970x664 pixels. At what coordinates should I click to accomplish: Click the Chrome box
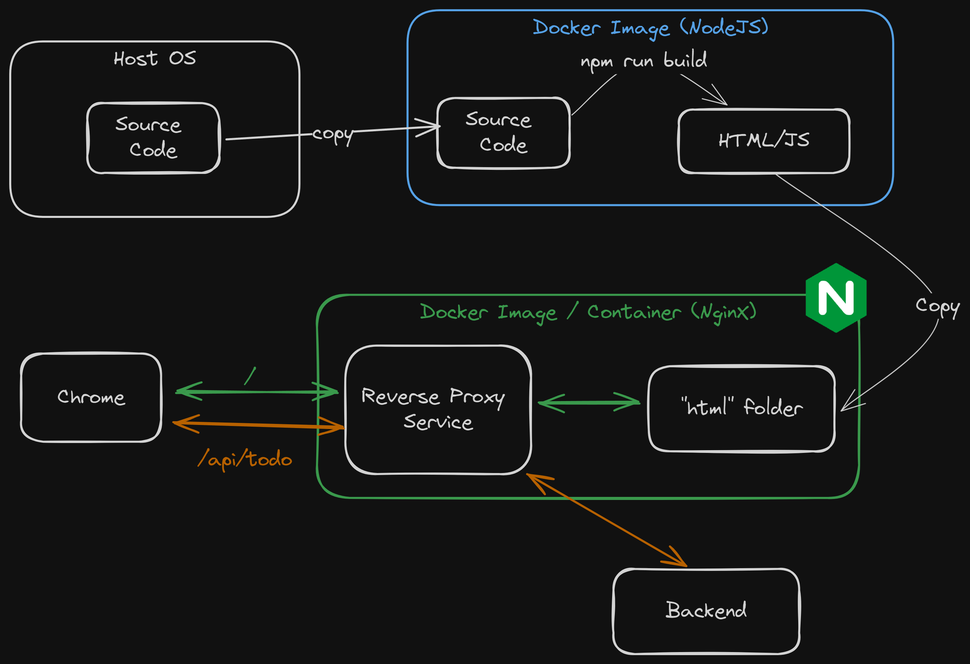pyautogui.click(x=91, y=397)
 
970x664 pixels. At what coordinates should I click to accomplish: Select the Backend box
pyautogui.click(x=706, y=610)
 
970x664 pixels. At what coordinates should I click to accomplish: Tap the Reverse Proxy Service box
pyautogui.click(x=438, y=410)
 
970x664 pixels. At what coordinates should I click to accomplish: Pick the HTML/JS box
pyautogui.click(x=764, y=141)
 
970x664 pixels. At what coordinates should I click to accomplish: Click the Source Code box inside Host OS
pyautogui.click(x=153, y=137)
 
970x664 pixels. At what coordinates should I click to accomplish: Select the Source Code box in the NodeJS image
pyautogui.click(x=503, y=133)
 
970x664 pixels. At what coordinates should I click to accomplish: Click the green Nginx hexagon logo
pyautogui.click(x=836, y=297)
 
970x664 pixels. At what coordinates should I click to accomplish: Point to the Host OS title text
pyautogui.click(x=154, y=58)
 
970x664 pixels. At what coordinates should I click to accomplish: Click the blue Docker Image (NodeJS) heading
pyautogui.click(x=650, y=28)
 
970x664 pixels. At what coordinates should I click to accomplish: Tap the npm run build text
pyautogui.click(x=643, y=61)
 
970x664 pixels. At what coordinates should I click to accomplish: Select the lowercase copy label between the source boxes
pyautogui.click(x=333, y=134)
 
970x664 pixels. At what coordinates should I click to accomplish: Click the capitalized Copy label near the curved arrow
pyautogui.click(x=937, y=306)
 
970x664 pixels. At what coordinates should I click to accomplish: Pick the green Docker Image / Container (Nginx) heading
pyautogui.click(x=588, y=312)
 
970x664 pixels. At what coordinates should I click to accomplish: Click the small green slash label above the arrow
pyautogui.click(x=249, y=376)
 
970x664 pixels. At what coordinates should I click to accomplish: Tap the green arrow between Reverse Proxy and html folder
pyautogui.click(x=589, y=403)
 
